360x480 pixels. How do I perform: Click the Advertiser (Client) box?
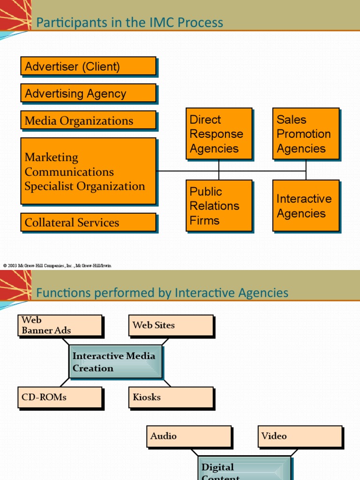click(88, 66)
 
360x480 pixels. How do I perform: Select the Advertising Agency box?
click(88, 93)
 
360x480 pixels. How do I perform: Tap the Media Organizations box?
click(88, 120)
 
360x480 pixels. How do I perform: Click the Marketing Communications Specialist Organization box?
click(88, 171)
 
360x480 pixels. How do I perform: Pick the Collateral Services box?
click(88, 222)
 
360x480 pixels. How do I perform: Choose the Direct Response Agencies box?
click(219, 134)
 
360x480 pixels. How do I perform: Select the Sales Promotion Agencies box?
click(306, 134)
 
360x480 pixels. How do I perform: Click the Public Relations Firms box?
click(219, 206)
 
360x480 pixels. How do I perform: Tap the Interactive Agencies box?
click(306, 206)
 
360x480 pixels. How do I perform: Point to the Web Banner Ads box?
click(60, 325)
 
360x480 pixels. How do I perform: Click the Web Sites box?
click(171, 325)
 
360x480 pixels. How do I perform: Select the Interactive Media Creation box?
click(115, 362)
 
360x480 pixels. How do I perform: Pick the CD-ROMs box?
click(60, 397)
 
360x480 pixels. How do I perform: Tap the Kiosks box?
click(171, 397)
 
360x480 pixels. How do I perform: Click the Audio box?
click(188, 436)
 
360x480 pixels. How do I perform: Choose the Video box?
click(300, 436)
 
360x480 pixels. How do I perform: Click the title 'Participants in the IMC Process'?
click(130, 22)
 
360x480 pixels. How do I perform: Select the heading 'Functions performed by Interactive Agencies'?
click(162, 293)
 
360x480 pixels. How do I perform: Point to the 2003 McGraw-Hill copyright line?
click(57, 266)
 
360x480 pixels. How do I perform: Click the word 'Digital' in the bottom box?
click(217, 467)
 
